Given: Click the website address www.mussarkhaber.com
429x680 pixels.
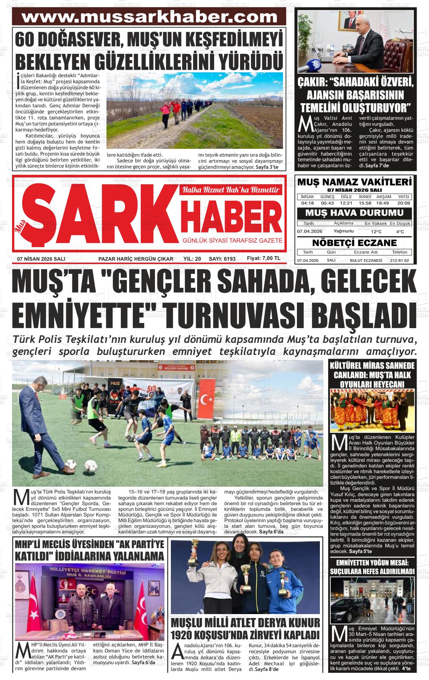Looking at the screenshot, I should (x=149, y=17).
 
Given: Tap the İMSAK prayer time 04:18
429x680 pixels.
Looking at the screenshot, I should (x=307, y=203).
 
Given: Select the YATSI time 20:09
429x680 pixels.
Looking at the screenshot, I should (x=403, y=203).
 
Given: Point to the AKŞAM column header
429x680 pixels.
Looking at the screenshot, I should (x=384, y=197).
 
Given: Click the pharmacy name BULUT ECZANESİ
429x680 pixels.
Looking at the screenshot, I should (x=366, y=260).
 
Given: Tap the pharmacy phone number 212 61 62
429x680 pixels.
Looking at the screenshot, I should (x=399, y=260).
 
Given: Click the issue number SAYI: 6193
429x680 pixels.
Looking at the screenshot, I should (x=222, y=259).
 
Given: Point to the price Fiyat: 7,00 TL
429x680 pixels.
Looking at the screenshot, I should (x=263, y=258).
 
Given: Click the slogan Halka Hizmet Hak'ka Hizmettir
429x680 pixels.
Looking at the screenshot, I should (x=231, y=190).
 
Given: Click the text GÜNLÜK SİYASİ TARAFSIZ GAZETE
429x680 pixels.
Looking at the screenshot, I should (x=232, y=240).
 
